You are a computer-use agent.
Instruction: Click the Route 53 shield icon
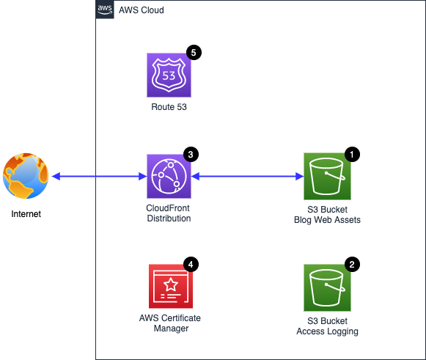click(x=169, y=76)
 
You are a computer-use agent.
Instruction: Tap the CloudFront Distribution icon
click(x=169, y=176)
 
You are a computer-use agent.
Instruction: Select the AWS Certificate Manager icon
click(x=171, y=286)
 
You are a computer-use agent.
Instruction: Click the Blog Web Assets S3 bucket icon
click(x=327, y=176)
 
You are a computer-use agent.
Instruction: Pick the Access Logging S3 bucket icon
click(x=327, y=287)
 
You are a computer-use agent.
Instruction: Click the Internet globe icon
click(x=26, y=176)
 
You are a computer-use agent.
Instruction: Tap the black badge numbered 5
click(x=194, y=53)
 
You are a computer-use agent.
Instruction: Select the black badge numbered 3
click(x=191, y=154)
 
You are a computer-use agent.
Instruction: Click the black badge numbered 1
click(x=352, y=154)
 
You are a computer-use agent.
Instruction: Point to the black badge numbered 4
click(x=191, y=265)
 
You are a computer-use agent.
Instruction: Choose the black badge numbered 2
click(x=352, y=265)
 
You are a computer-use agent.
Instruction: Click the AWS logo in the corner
click(x=105, y=10)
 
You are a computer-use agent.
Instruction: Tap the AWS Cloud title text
click(x=142, y=10)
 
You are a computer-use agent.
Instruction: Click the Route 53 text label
click(x=169, y=107)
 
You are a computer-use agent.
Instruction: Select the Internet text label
click(x=26, y=214)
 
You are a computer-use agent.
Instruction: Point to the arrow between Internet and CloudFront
click(x=99, y=176)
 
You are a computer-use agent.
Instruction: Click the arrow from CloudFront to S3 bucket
click(x=248, y=176)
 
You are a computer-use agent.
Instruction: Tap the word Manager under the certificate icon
click(x=171, y=328)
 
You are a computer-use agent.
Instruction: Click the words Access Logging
click(x=327, y=331)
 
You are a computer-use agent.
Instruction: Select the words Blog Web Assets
click(x=327, y=219)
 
